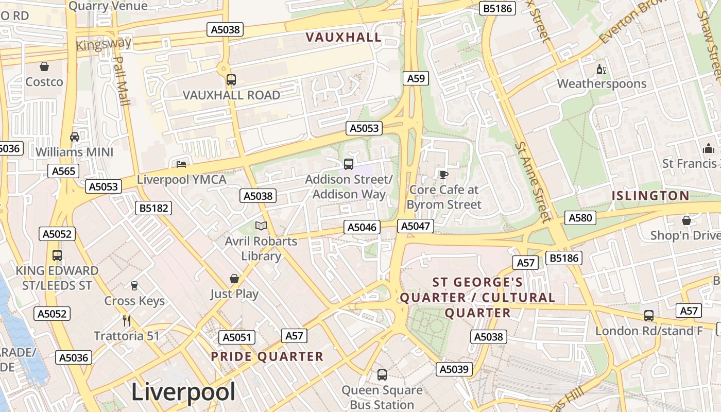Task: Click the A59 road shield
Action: click(416, 78)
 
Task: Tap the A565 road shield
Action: click(63, 171)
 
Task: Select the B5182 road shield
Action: click(153, 208)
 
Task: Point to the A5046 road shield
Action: click(362, 227)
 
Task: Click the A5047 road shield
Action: click(416, 226)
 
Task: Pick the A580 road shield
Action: click(580, 218)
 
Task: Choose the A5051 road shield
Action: click(237, 337)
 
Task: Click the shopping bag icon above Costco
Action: click(44, 66)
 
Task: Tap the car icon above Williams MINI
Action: click(75, 136)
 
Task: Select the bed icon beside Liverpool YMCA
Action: click(181, 164)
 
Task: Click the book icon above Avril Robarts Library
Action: click(261, 226)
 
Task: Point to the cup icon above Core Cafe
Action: click(444, 174)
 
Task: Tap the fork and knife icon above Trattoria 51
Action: click(127, 320)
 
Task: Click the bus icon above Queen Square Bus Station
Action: click(382, 374)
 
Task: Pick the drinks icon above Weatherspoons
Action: click(601, 69)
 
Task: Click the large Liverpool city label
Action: click(183, 392)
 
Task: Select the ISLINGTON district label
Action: click(650, 196)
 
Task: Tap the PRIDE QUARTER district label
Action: click(267, 356)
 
